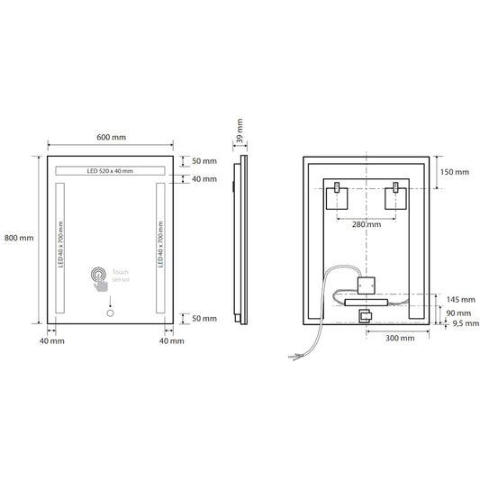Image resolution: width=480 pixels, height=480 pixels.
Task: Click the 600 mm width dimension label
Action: click(x=110, y=136)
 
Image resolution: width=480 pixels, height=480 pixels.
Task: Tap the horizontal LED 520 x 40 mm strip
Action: click(x=110, y=171)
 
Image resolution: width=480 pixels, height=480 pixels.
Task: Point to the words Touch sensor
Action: click(x=122, y=276)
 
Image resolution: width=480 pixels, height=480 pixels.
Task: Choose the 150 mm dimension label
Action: click(x=456, y=171)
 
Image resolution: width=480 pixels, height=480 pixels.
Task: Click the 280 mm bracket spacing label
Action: click(x=366, y=224)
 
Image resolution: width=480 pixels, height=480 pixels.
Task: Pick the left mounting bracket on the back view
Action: click(x=336, y=190)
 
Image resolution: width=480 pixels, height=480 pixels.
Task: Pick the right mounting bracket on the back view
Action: click(x=394, y=190)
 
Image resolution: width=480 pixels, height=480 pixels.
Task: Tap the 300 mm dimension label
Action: click(x=399, y=339)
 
